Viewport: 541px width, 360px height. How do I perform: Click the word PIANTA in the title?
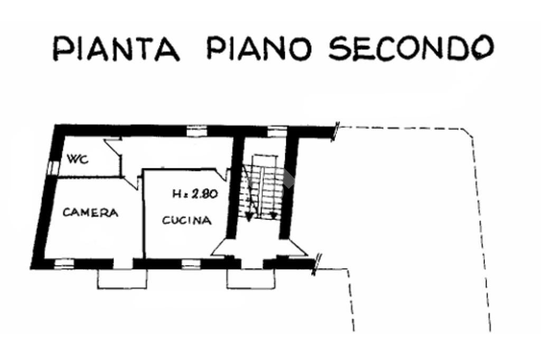[x=116, y=48]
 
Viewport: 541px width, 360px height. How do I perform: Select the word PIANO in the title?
[x=259, y=48]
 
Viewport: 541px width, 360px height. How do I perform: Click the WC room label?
[x=77, y=158]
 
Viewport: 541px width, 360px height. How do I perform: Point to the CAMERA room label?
[x=90, y=213]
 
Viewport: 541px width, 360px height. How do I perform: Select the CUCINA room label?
[x=186, y=221]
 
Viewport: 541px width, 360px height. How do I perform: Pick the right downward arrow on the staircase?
[x=273, y=215]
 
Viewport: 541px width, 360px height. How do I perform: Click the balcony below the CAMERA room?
[x=122, y=278]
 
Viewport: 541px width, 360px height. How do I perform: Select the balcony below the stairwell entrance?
[x=251, y=278]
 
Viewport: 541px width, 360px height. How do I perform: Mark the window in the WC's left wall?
[x=52, y=167]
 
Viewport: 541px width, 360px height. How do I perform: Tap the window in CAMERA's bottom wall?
[x=64, y=263]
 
